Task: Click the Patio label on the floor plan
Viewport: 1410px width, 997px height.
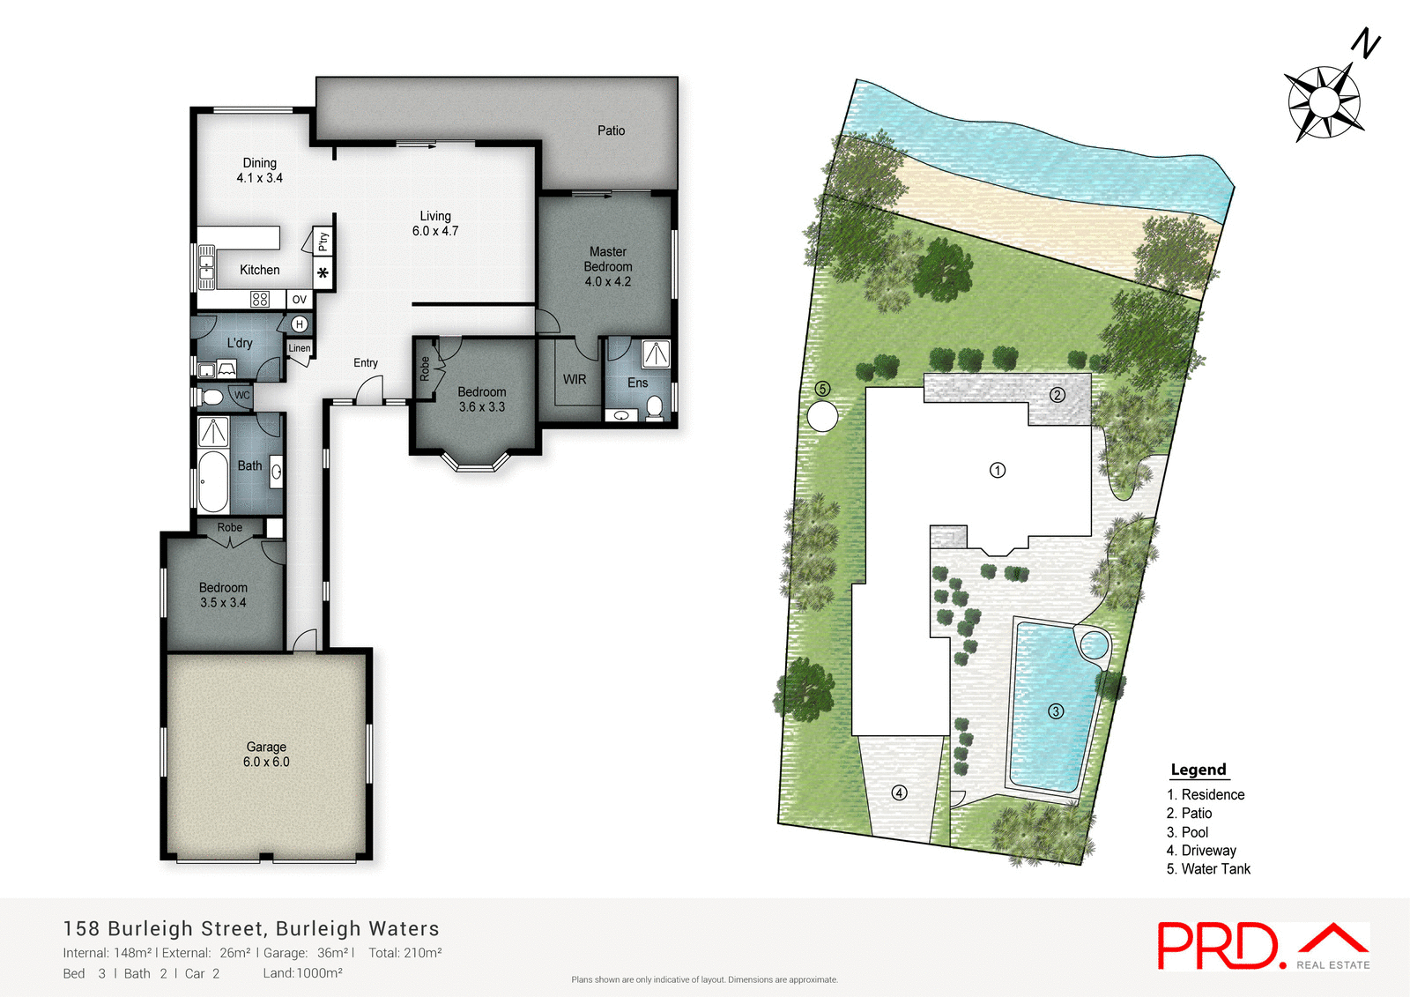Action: coord(611,130)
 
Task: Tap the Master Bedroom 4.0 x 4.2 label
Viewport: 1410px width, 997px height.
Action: coord(607,266)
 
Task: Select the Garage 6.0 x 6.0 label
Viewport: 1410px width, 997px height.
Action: coord(266,755)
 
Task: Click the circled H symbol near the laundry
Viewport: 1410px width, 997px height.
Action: coord(300,324)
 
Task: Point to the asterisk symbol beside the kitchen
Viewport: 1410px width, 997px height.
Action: coord(323,273)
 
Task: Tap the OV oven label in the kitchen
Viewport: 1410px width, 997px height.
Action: coord(300,300)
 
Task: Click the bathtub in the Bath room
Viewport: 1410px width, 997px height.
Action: coord(212,481)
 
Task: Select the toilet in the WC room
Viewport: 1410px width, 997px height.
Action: coord(211,397)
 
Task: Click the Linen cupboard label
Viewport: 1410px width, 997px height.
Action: coord(300,348)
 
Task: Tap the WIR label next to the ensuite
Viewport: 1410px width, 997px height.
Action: coord(575,379)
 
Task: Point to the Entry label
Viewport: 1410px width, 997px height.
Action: coord(366,362)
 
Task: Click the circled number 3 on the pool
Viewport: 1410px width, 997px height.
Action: coord(1056,711)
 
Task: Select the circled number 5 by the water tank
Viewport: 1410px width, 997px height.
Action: coord(822,389)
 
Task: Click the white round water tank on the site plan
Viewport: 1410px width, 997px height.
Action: coord(822,416)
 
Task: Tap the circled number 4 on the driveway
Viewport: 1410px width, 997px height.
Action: coord(899,792)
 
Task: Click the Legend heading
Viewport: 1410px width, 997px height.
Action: coord(1198,770)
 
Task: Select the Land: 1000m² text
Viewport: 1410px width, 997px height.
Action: coord(302,973)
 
